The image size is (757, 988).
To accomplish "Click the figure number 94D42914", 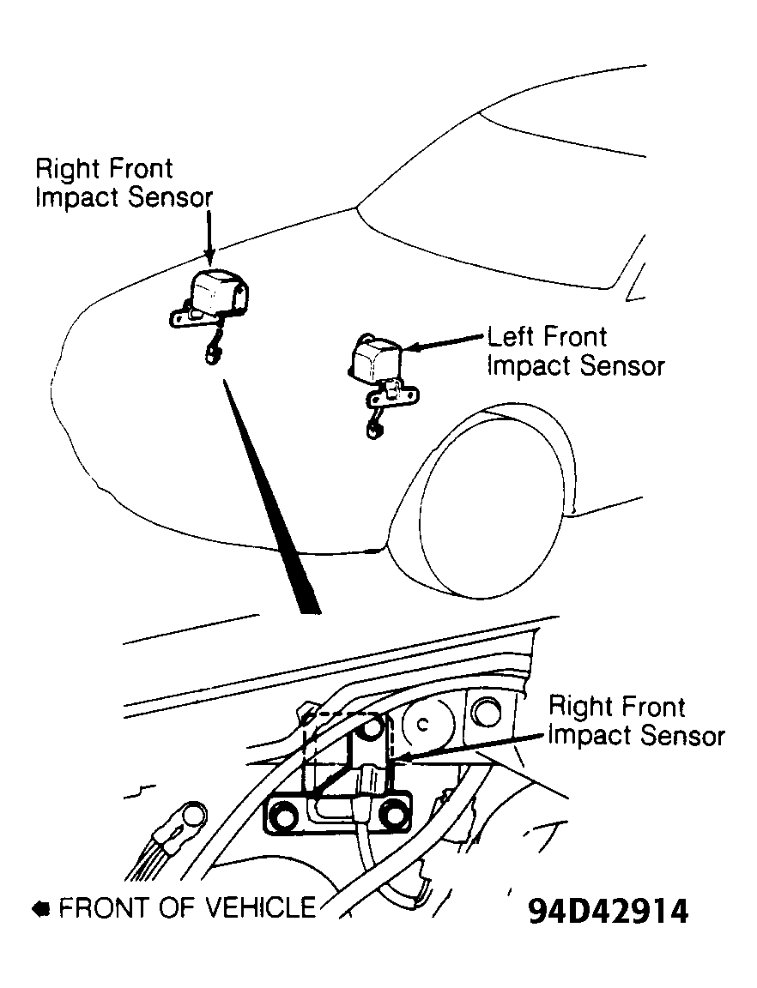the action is coord(609,911).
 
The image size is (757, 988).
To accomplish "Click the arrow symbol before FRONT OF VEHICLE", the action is coord(41,908).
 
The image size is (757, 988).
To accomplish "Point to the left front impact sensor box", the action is coord(375,359).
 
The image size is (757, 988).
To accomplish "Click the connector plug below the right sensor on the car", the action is coord(210,355).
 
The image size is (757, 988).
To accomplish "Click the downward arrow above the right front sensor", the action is coord(209,237).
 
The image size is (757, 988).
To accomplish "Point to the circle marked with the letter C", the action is coord(427,725).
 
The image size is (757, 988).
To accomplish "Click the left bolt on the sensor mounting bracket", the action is coord(282,816).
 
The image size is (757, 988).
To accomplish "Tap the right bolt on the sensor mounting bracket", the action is coord(395,816).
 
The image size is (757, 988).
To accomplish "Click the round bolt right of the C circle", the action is coord(486,714).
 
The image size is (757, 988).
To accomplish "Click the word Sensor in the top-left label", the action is coord(170,196).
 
